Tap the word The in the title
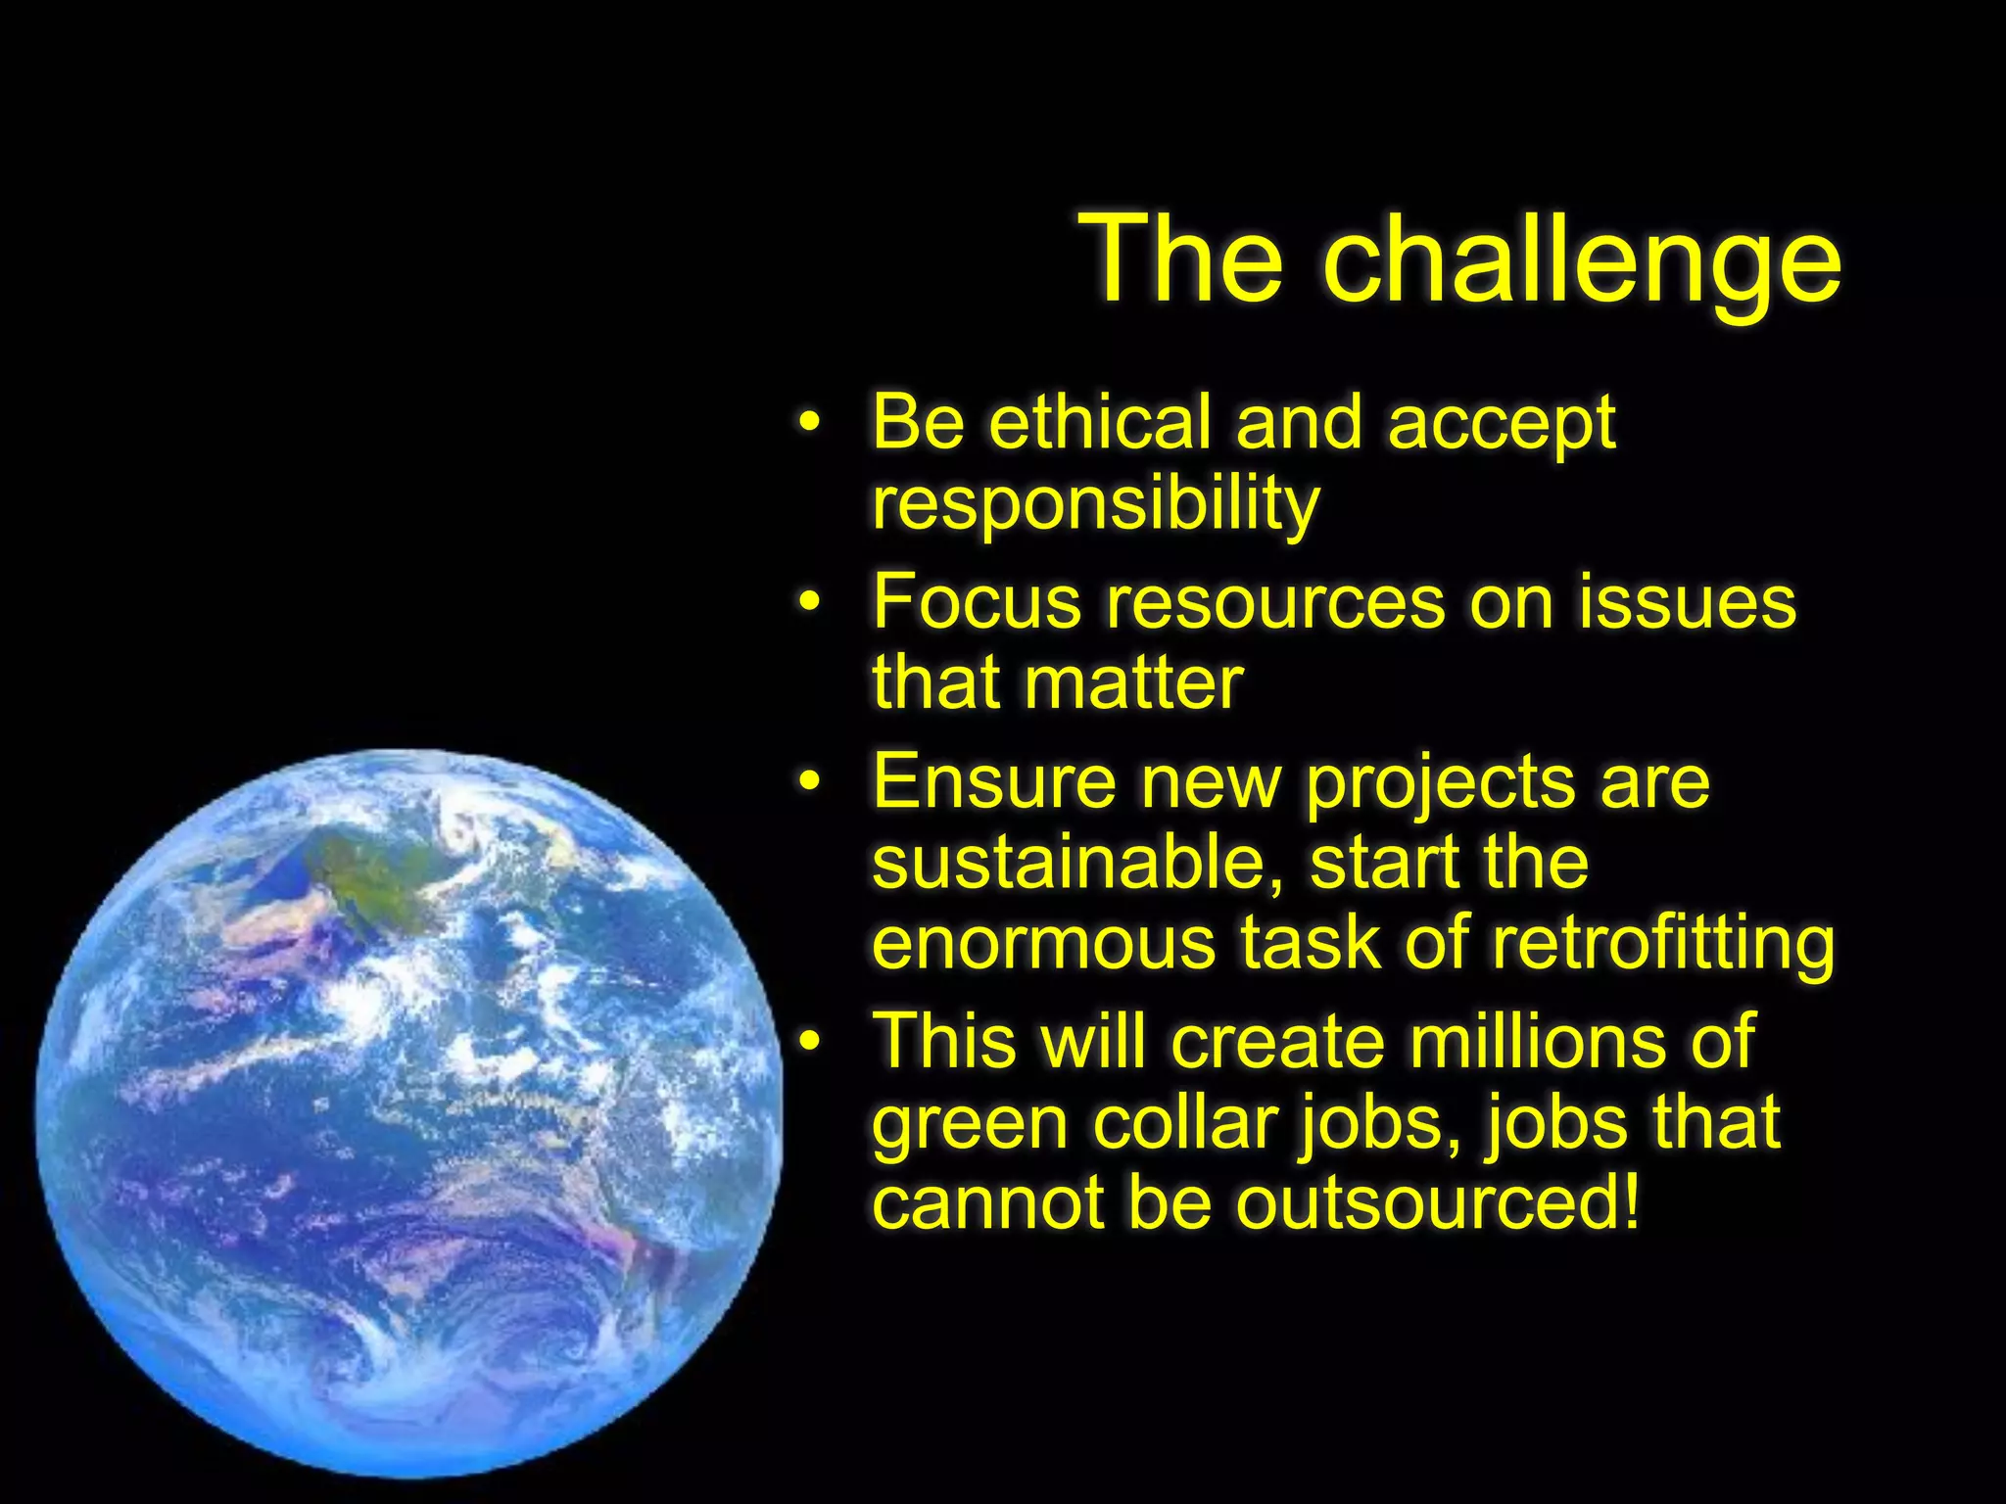pyautogui.click(x=1180, y=259)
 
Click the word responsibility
pyautogui.click(x=1095, y=504)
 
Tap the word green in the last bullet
pyautogui.click(x=969, y=1126)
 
